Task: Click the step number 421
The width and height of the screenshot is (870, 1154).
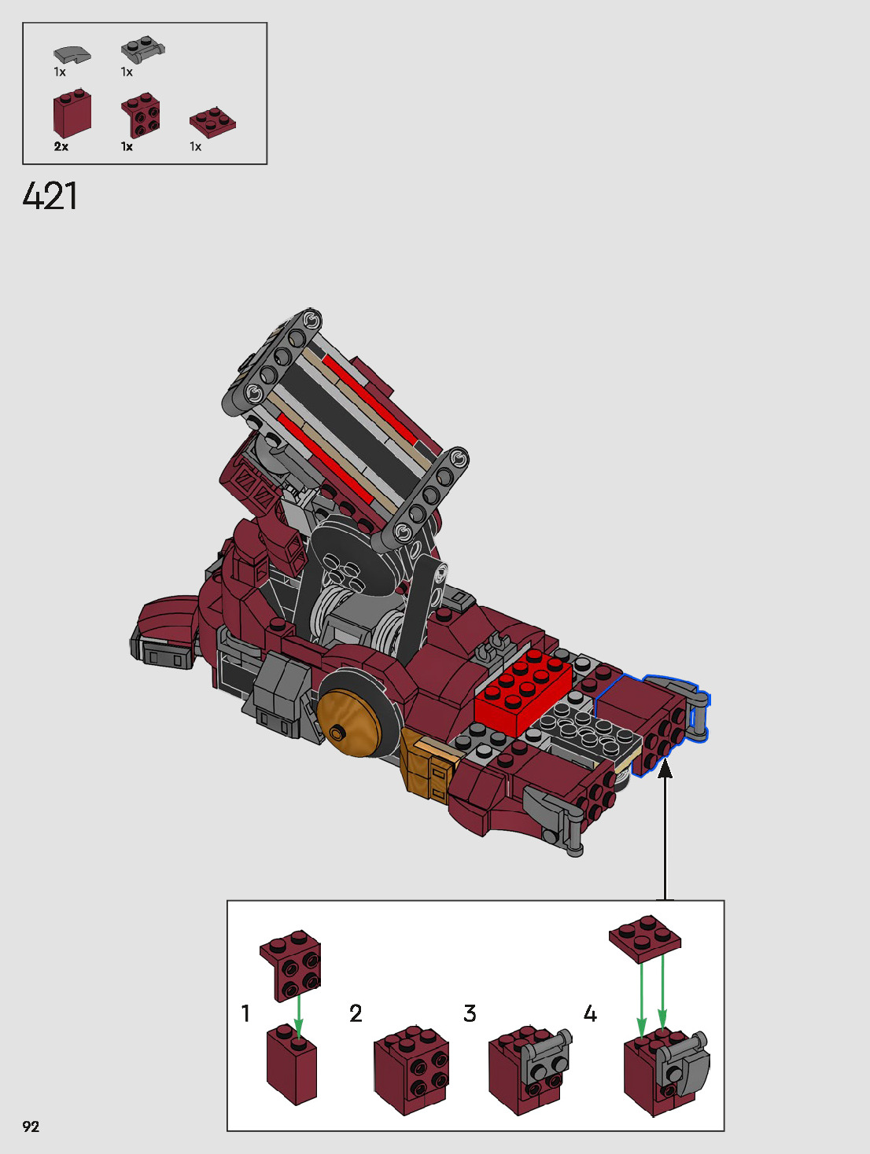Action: [x=50, y=196]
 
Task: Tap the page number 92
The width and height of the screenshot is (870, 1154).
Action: [x=31, y=1126]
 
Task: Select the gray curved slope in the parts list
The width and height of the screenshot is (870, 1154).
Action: [x=72, y=54]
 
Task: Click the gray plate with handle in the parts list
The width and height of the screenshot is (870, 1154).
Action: [x=142, y=51]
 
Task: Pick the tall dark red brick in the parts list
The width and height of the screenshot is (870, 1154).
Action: [x=72, y=113]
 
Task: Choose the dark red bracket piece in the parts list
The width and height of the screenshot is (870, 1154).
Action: [x=141, y=116]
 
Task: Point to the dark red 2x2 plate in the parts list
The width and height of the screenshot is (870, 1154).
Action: [x=212, y=123]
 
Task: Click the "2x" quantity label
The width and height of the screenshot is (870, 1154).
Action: [x=61, y=147]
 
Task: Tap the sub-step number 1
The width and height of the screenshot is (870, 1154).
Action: [x=245, y=1013]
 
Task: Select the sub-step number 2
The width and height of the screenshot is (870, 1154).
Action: [x=356, y=1013]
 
